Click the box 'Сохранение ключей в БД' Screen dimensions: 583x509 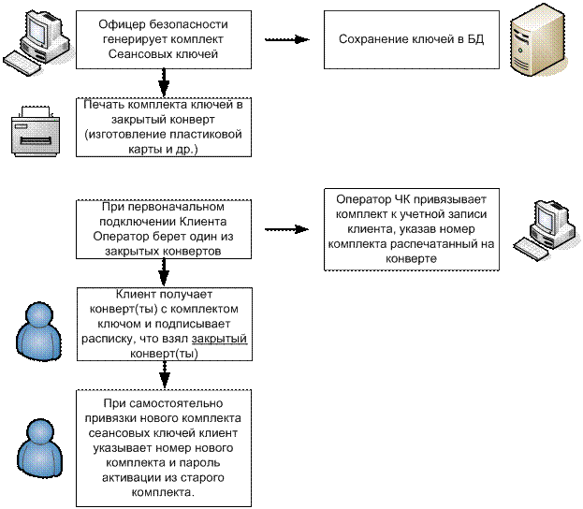pyautogui.click(x=411, y=39)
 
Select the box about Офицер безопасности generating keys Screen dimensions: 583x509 pyautogui.click(x=164, y=39)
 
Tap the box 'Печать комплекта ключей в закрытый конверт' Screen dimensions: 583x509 pyautogui.click(x=164, y=127)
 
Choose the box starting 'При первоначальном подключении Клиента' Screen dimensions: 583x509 pyautogui.click(x=164, y=229)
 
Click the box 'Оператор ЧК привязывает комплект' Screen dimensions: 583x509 pyautogui.click(x=411, y=229)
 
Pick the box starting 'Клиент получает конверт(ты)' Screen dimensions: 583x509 pyautogui.click(x=165, y=324)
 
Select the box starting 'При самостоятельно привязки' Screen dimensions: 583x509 pyautogui.click(x=164, y=448)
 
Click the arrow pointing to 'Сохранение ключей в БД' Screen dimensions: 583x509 pyautogui.click(x=287, y=39)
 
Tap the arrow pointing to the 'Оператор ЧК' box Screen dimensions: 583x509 pyautogui.click(x=287, y=229)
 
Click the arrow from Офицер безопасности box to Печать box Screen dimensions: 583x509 pyautogui.click(x=164, y=83)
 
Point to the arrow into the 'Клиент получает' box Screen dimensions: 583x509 pyautogui.click(x=164, y=273)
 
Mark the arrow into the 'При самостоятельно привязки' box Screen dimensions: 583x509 pyautogui.click(x=165, y=375)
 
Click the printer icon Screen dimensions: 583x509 pyautogui.click(x=36, y=131)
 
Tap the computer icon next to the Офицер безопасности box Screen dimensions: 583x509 pyautogui.click(x=36, y=43)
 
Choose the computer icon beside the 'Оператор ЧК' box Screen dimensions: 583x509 pyautogui.click(x=547, y=230)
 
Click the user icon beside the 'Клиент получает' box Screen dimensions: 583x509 pyautogui.click(x=38, y=331)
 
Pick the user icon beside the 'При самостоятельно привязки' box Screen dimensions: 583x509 pyautogui.click(x=39, y=448)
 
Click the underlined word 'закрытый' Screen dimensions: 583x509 pyautogui.click(x=219, y=339)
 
